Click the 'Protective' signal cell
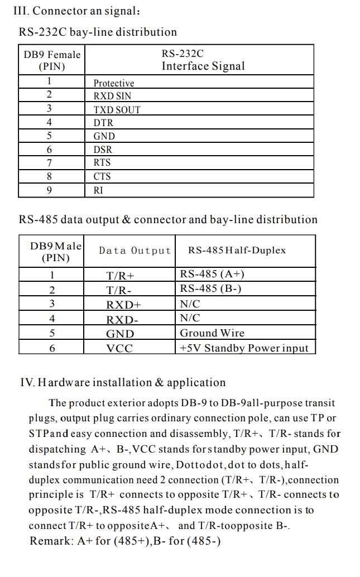[114, 83]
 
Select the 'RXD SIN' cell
[112, 96]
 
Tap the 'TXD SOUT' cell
[117, 110]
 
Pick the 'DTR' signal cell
[103, 123]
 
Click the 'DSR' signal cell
[103, 150]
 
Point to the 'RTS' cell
[102, 163]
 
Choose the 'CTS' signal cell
[102, 176]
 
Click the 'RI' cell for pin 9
[98, 190]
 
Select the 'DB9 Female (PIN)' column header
[52, 60]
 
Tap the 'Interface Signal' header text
[203, 66]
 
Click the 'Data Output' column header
[135, 251]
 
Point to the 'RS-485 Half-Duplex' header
[237, 250]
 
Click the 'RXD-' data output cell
[122, 320]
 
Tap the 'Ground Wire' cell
[212, 333]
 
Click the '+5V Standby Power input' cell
[243, 348]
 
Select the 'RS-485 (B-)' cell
[210, 288]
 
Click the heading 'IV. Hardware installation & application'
[123, 383]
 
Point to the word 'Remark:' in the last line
[50, 541]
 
